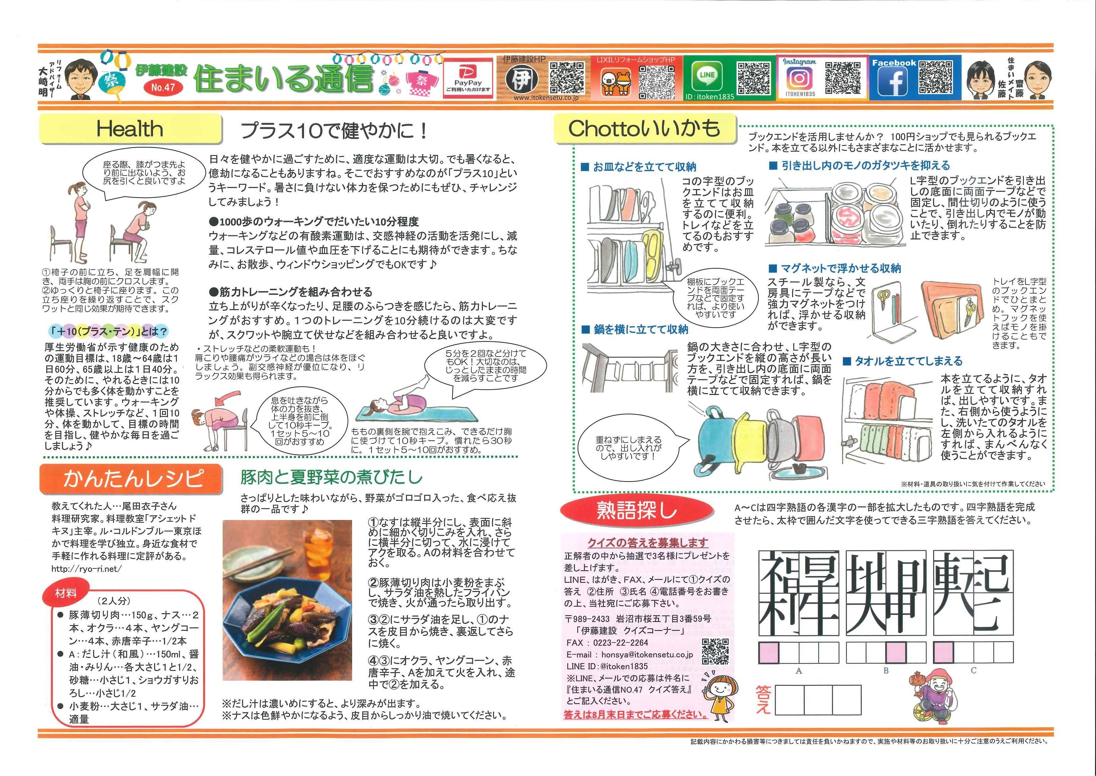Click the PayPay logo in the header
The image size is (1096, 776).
468,78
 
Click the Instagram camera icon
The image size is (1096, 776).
799,78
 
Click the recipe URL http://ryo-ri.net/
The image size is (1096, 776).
87,569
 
